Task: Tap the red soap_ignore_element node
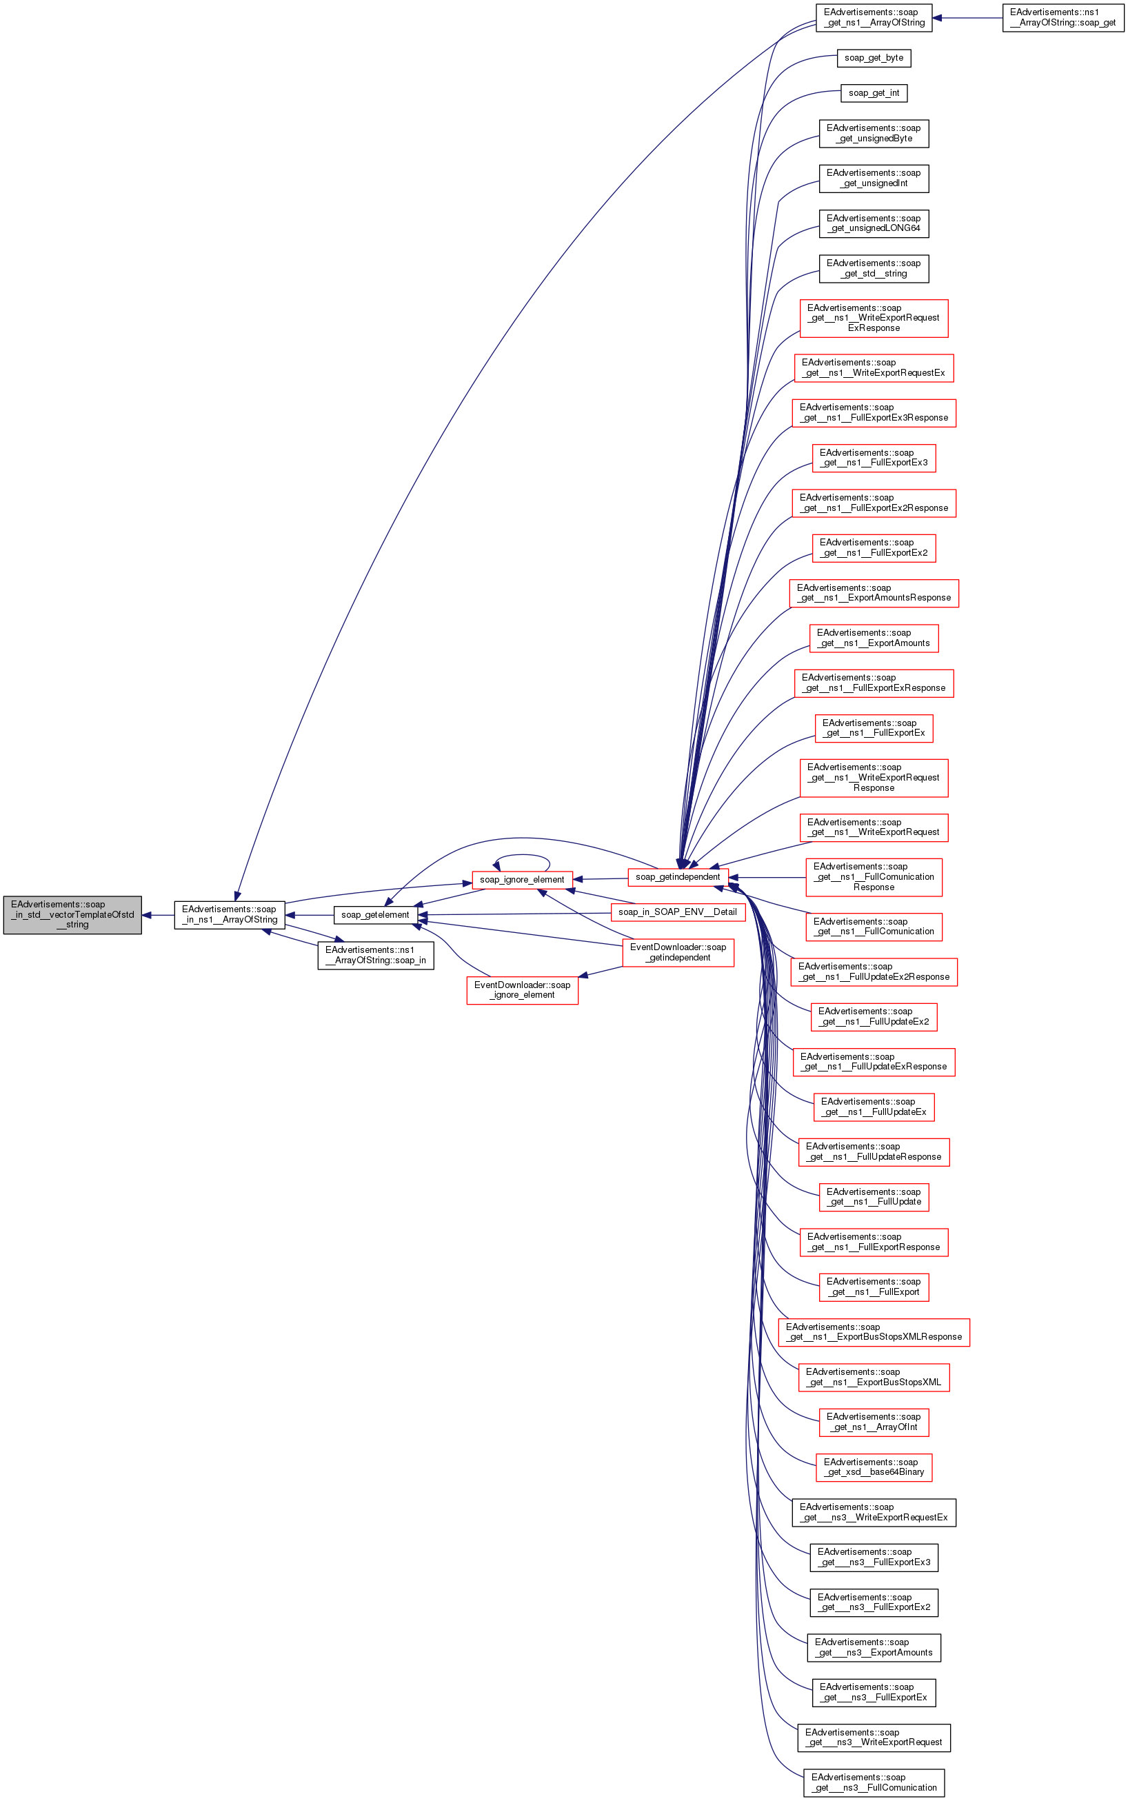coord(521,880)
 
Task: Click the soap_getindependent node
coord(677,876)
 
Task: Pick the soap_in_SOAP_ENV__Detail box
coord(677,912)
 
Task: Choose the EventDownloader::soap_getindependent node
coord(677,952)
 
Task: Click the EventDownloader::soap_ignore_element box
coord(521,989)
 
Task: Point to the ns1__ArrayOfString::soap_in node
coord(375,955)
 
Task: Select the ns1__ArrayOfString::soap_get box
coord(1062,17)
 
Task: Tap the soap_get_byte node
coord(874,57)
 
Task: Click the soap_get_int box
coord(874,92)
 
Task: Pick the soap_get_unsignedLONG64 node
coord(874,223)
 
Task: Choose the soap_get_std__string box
coord(874,269)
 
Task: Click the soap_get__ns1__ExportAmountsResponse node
coord(874,592)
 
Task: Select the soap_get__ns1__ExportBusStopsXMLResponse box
coord(874,1331)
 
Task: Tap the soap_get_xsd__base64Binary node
coord(874,1467)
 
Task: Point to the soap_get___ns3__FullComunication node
coord(874,1782)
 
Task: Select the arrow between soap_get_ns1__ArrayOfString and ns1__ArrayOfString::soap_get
coord(967,17)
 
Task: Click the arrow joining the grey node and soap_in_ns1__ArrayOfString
coord(158,915)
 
